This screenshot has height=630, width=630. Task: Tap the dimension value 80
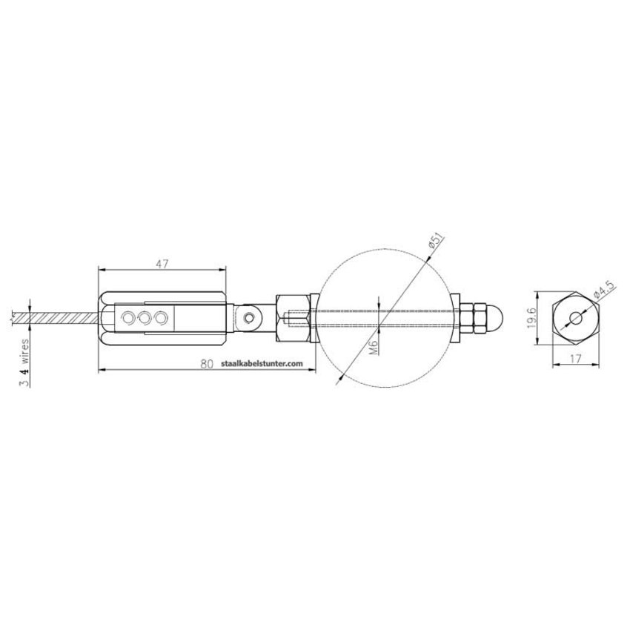coord(207,364)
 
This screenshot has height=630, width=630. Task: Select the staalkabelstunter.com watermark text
coord(262,364)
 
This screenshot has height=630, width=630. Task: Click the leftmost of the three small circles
coord(130,319)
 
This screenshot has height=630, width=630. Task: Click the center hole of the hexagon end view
coord(576,319)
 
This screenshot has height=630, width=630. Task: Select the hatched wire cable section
coord(59,318)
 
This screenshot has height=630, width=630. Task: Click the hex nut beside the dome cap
coord(471,319)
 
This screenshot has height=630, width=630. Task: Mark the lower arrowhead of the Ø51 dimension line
coord(341,379)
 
